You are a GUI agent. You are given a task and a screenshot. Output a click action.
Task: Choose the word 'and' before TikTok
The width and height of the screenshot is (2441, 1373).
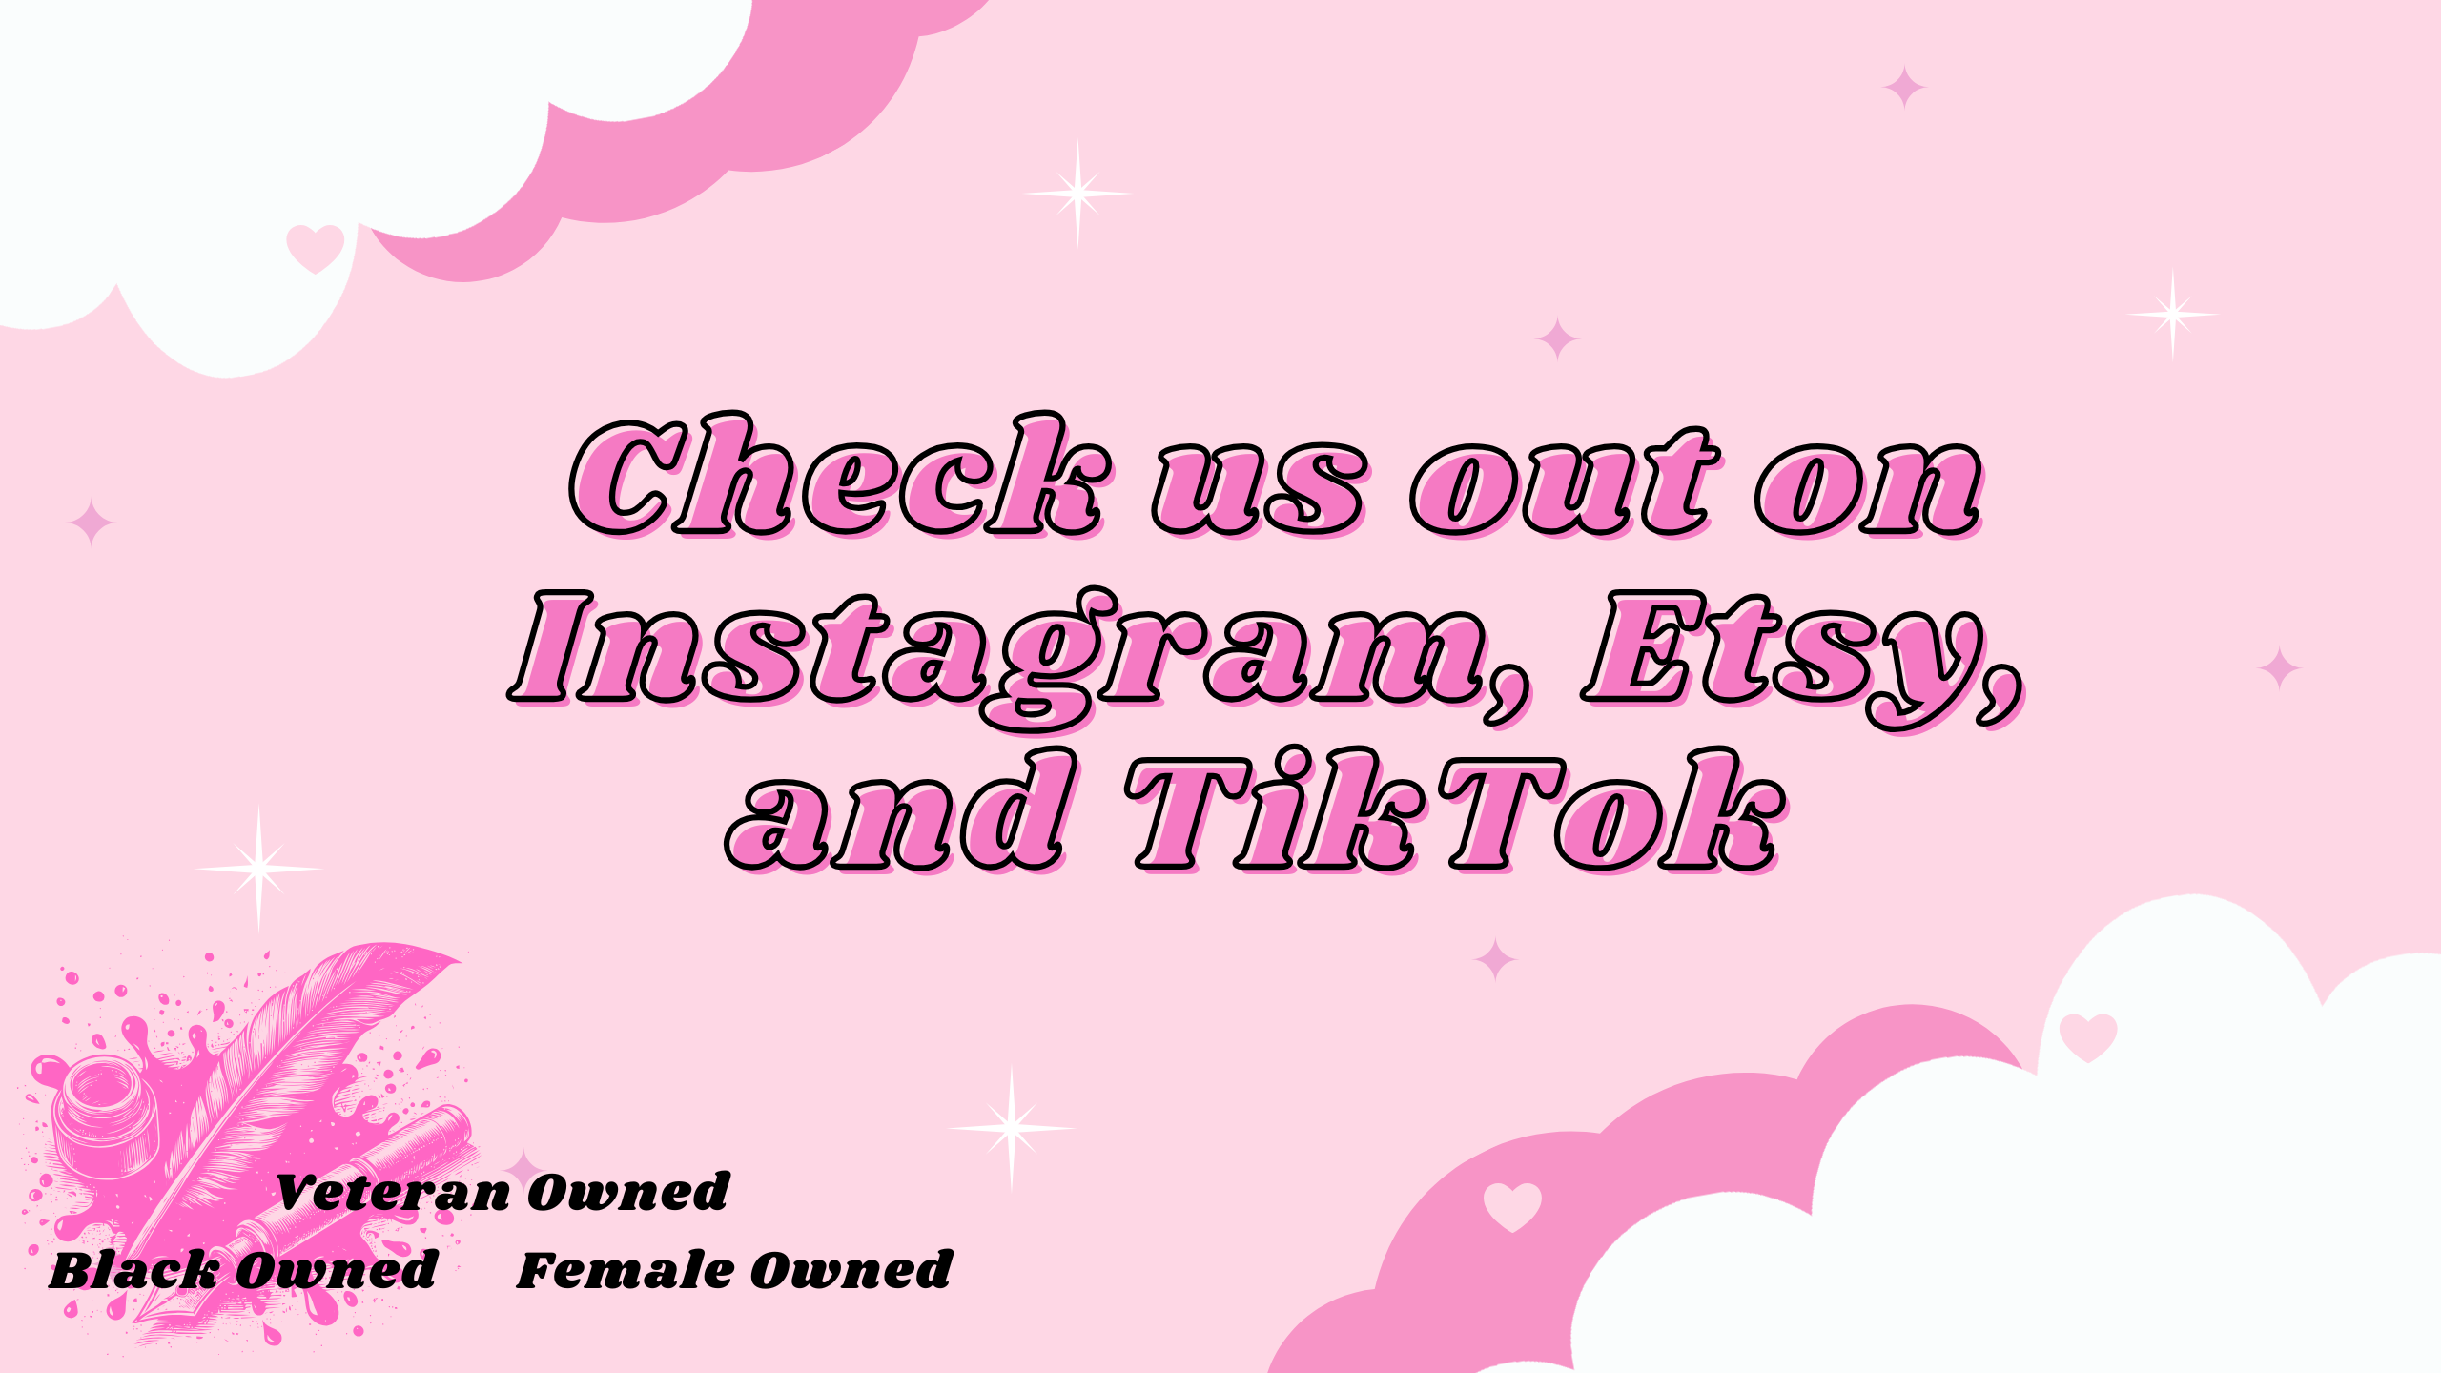point(901,810)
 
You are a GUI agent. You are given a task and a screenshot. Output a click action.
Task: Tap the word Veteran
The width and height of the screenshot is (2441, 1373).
point(393,1192)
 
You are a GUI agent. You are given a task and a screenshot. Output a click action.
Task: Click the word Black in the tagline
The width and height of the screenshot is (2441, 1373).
point(133,1270)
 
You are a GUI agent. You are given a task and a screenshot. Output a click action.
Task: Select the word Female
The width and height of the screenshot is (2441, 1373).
point(626,1270)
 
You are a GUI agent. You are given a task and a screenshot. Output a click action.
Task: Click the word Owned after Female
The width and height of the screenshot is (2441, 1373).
point(851,1270)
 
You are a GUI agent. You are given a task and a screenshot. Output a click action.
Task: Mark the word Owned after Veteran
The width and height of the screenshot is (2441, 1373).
point(629,1192)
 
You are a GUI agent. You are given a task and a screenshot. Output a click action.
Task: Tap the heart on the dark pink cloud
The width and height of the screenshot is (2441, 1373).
point(1512,1206)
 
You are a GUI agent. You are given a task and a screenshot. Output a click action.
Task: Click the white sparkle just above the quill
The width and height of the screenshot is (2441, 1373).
point(258,869)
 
